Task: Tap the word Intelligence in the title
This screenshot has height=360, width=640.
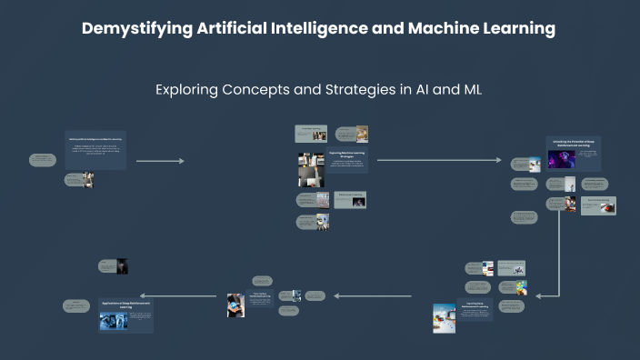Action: click(x=319, y=28)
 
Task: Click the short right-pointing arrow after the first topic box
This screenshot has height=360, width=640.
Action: click(x=160, y=161)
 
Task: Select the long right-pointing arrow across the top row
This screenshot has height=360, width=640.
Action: click(x=438, y=161)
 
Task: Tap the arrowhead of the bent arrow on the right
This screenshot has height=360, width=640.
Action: click(x=540, y=295)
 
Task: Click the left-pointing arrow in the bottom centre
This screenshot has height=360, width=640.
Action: click(x=373, y=295)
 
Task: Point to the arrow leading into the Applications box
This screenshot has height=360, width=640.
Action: click(x=177, y=295)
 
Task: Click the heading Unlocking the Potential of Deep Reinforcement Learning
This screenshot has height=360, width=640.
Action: click(x=574, y=143)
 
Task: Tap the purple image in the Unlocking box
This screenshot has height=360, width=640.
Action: click(x=561, y=159)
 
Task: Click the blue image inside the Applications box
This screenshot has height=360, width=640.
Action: click(x=114, y=321)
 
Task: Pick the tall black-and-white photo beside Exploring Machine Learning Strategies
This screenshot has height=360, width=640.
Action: click(x=311, y=170)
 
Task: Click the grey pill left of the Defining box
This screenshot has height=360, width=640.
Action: click(x=43, y=160)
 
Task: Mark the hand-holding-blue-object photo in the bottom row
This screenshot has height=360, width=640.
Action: click(x=235, y=305)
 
